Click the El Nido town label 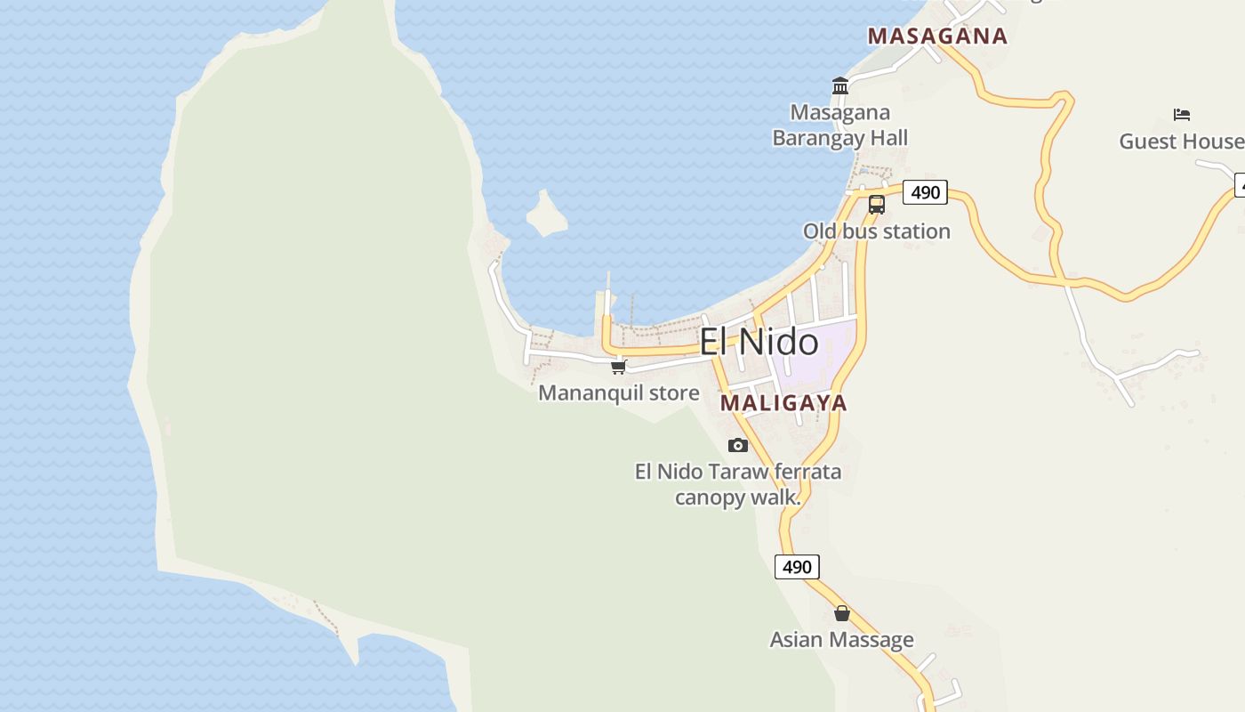(x=759, y=343)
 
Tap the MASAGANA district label (x=937, y=36)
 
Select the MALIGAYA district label (x=783, y=403)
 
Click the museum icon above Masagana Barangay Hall (x=840, y=85)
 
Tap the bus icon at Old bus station (x=877, y=204)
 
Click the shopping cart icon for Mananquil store (x=619, y=367)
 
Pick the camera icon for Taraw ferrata (x=738, y=445)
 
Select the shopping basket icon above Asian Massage (x=842, y=613)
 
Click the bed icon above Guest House (x=1182, y=115)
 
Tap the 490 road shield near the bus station (x=925, y=192)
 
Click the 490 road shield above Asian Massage (x=797, y=567)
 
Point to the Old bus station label (x=877, y=231)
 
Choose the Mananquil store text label (x=619, y=392)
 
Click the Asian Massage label (x=841, y=640)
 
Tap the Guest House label (x=1181, y=142)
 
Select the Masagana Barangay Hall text (x=840, y=125)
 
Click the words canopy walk (x=737, y=498)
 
